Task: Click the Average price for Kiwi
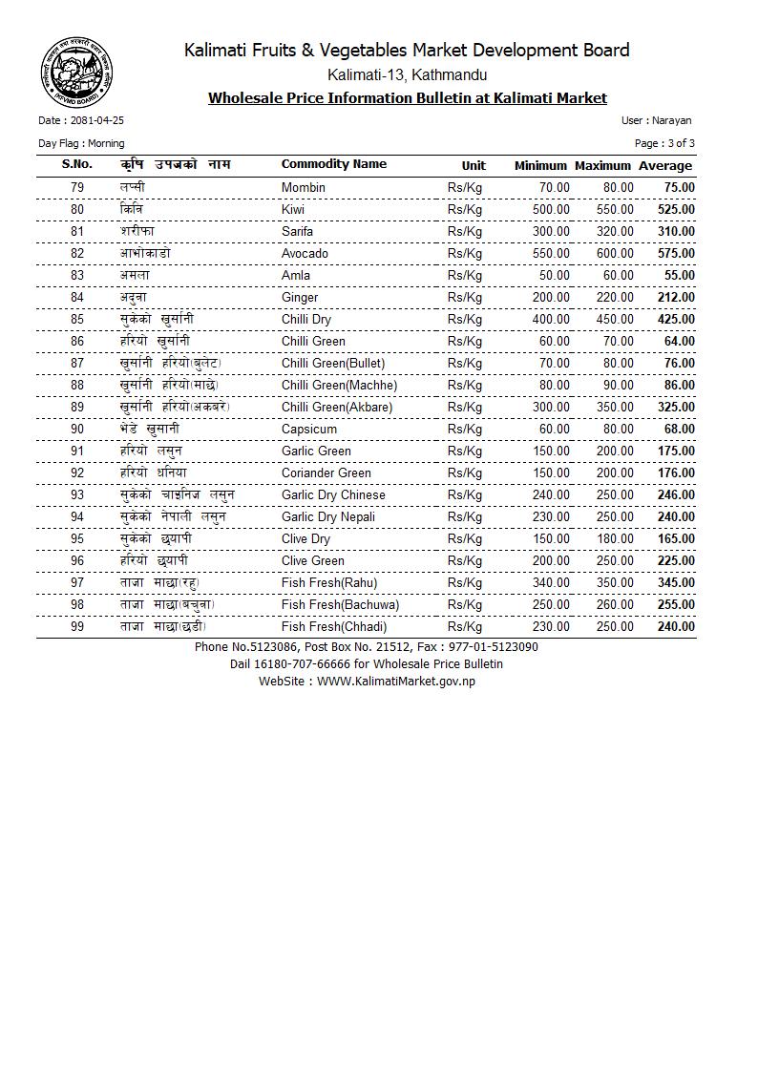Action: click(x=676, y=209)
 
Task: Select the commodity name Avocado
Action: click(x=305, y=253)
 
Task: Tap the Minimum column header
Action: click(x=540, y=165)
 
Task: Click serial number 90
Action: click(x=77, y=429)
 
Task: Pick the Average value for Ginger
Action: click(x=676, y=297)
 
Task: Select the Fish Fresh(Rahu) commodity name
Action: click(x=329, y=582)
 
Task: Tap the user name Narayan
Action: click(x=672, y=120)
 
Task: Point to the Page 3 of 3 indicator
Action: click(x=664, y=143)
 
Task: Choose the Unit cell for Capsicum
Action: click(x=465, y=429)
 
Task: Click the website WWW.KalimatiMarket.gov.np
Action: click(x=396, y=681)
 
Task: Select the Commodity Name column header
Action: click(x=334, y=164)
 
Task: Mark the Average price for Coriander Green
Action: click(x=676, y=472)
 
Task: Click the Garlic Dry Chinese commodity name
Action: click(x=333, y=494)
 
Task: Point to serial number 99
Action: click(x=77, y=626)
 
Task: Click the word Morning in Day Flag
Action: click(x=106, y=143)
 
